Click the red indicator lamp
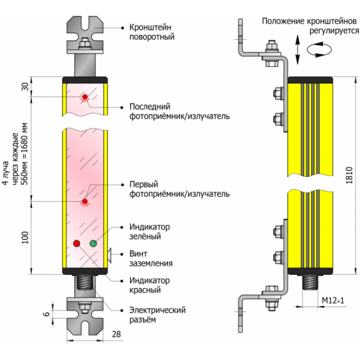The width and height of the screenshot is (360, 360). point(77,243)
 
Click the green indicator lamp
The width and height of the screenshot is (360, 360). point(94,243)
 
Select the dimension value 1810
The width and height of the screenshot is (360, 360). point(350,175)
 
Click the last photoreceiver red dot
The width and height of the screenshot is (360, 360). point(85,97)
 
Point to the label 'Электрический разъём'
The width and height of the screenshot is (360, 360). point(158,314)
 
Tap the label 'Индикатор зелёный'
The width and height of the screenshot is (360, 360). point(150,232)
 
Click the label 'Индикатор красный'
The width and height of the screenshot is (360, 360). point(150,285)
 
